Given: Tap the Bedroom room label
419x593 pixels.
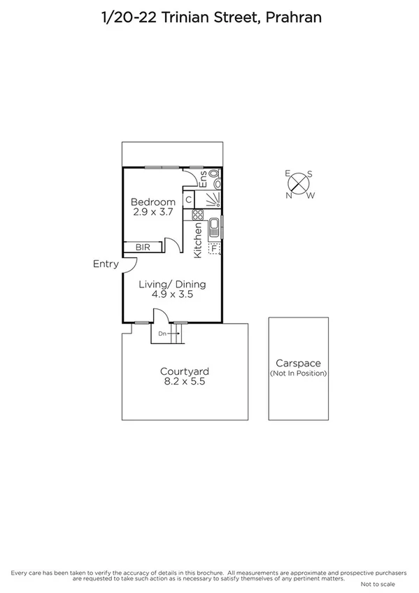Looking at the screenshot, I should coord(153,203).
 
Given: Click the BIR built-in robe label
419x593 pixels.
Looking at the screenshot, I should coord(143,247).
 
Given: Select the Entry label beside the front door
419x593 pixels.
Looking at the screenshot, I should coord(105,264).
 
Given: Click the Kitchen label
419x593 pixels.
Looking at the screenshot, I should coord(198,241).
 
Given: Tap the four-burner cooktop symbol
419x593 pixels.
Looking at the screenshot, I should coord(198,215).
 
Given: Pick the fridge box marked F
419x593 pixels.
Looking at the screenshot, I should coord(214,248).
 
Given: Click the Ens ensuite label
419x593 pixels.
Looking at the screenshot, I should coord(204,178).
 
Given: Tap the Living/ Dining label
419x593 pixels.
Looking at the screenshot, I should coord(172,285).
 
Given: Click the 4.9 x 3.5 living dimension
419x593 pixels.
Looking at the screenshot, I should coord(172,294).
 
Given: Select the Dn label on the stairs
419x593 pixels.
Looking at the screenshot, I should coord(162,334).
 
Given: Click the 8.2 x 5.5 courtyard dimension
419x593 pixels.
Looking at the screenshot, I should coord(185,382).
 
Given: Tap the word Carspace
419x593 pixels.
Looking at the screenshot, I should coord(298,364).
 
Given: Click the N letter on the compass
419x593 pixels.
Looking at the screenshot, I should coord(288,195).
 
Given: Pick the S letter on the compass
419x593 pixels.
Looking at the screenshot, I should coord(310,174).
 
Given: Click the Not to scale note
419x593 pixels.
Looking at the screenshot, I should coord(378,584).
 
